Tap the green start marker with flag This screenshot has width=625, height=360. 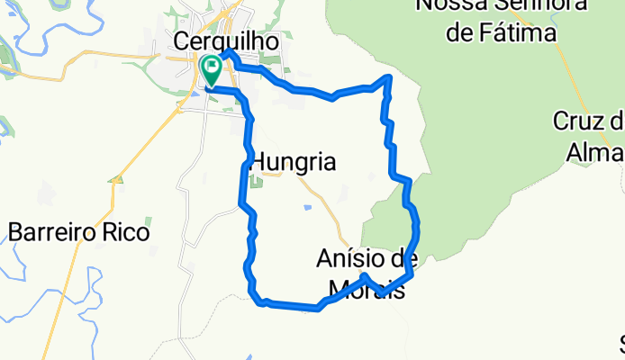coord(213,67)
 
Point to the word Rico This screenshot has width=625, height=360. coord(131,232)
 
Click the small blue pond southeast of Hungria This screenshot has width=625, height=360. coord(308,208)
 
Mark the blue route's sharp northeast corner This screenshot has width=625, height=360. coord(389,78)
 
